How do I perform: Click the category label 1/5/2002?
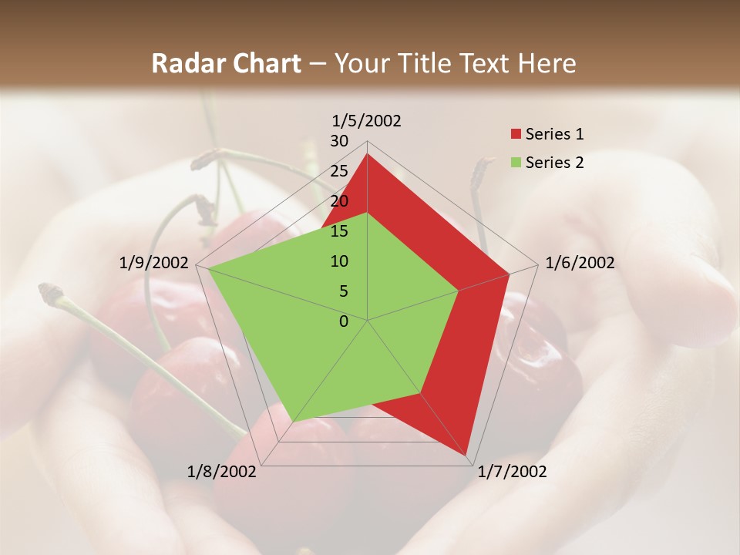tap(367, 121)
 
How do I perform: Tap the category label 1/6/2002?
tap(580, 264)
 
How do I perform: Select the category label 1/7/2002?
tap(512, 472)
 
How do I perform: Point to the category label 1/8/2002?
tap(222, 472)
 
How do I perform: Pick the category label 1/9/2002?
tap(154, 264)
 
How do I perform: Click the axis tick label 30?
tap(339, 141)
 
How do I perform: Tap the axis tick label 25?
tap(339, 171)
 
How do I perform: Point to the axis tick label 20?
tap(339, 201)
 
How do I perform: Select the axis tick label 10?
tap(339, 261)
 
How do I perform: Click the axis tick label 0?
tap(344, 321)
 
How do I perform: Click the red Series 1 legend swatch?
tap(516, 134)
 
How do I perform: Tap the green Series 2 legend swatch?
tap(516, 163)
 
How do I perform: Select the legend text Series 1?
tap(555, 134)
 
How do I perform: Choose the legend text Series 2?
tap(555, 163)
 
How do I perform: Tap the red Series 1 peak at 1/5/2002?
tap(367, 154)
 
